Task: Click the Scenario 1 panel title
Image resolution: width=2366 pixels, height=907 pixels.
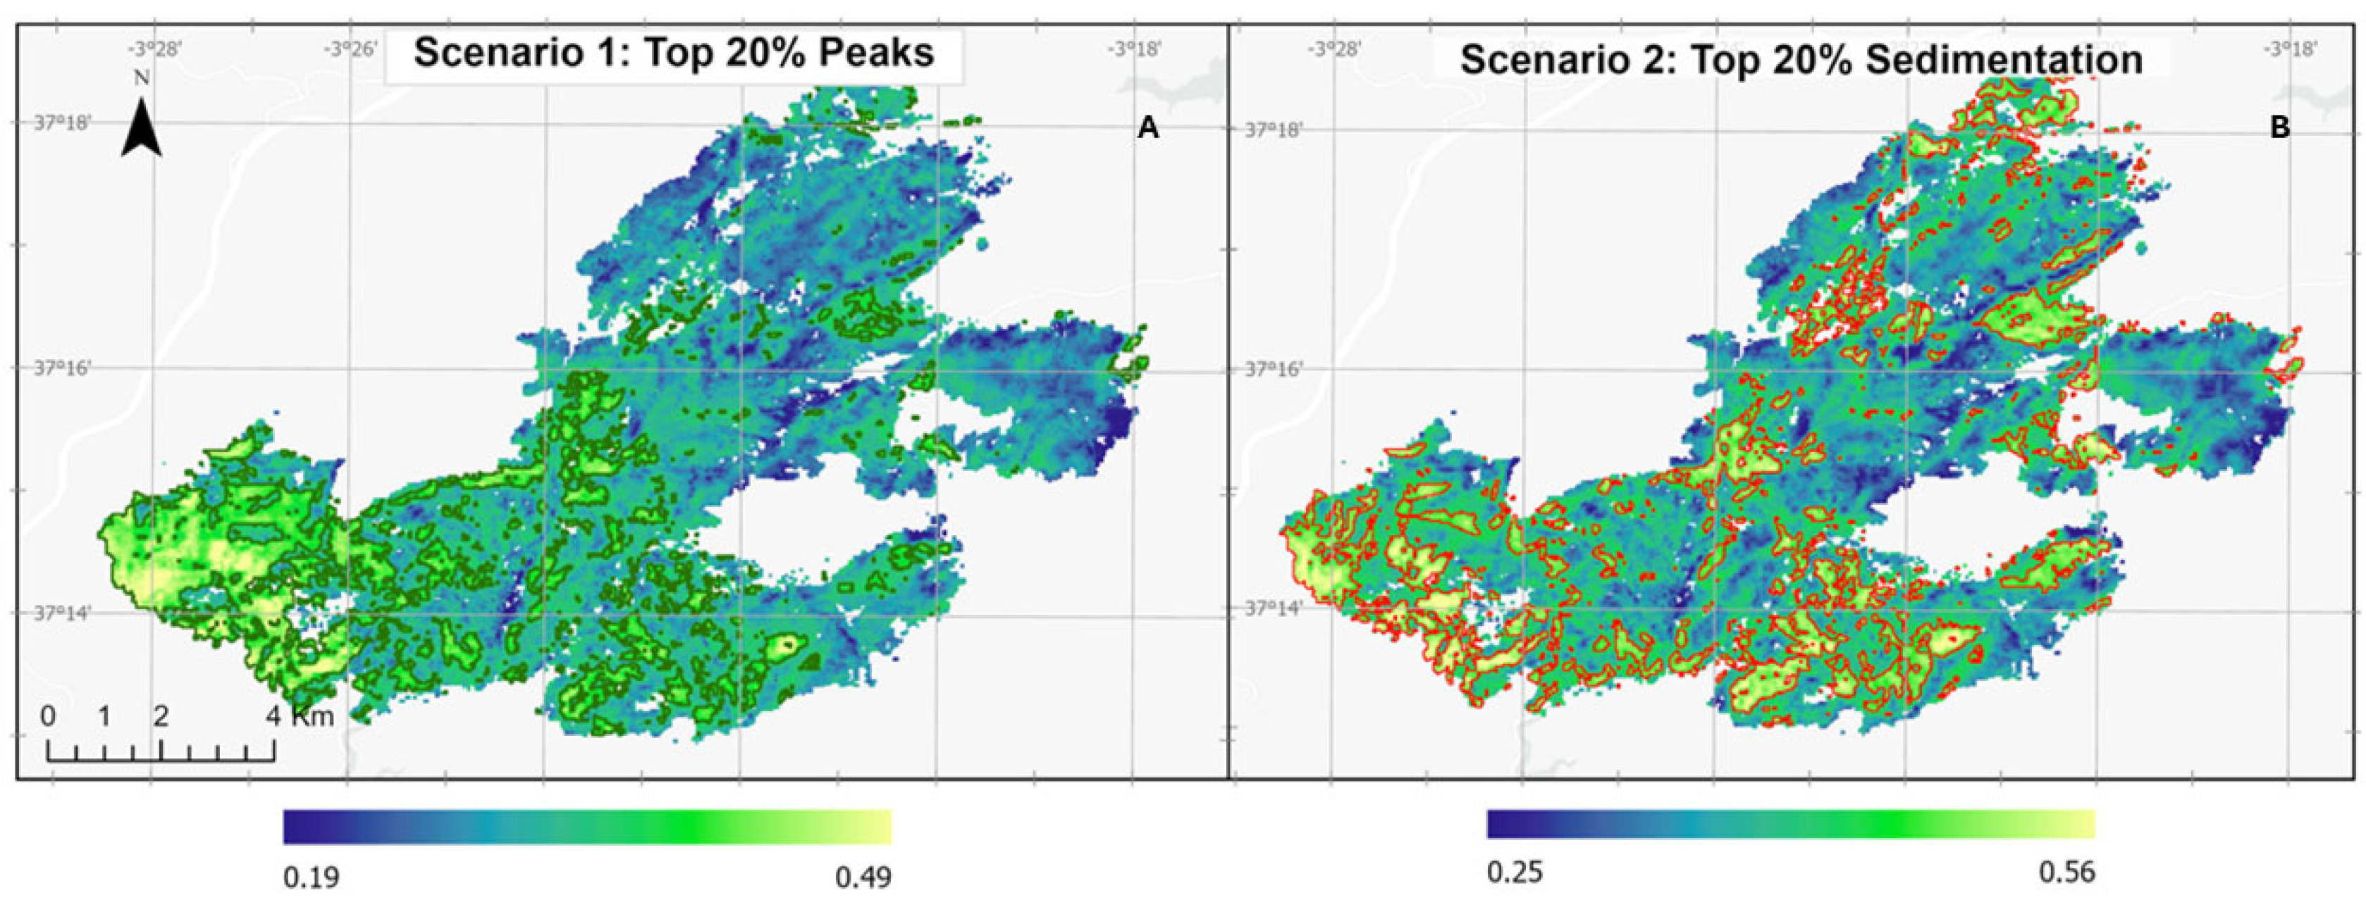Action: tap(673, 54)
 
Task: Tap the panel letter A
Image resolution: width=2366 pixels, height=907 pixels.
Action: tap(1147, 129)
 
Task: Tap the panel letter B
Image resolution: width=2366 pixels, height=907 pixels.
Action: tap(2280, 129)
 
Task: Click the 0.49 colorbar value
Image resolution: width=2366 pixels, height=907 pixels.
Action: tap(863, 877)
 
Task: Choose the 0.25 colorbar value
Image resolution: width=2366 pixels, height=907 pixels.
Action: tap(1515, 871)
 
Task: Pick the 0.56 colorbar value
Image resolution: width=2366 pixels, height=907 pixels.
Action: tap(2066, 871)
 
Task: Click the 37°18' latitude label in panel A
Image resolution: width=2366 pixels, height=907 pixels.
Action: tap(63, 122)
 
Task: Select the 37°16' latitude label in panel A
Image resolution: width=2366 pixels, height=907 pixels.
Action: tap(63, 367)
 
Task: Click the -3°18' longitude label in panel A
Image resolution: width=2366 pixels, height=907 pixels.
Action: tap(1136, 49)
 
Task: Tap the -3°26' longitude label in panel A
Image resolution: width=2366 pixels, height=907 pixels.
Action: tap(351, 49)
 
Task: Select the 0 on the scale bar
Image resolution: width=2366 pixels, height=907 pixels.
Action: tap(49, 715)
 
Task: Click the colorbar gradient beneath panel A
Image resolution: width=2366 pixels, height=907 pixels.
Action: tap(587, 826)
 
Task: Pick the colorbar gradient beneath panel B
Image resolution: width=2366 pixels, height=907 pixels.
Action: tap(1791, 823)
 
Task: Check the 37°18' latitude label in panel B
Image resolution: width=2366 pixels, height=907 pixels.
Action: tap(1274, 130)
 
